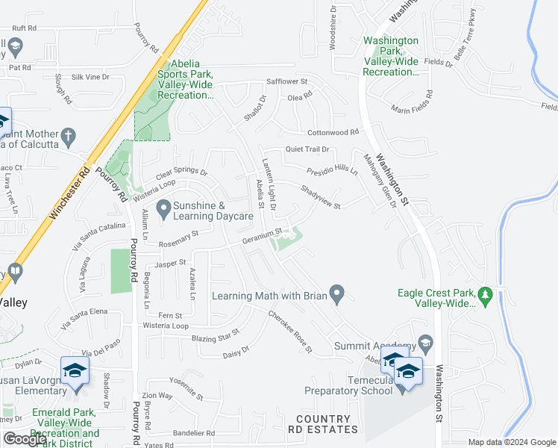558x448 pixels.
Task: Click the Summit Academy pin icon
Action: (426, 344)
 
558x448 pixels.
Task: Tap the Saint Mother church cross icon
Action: (68, 136)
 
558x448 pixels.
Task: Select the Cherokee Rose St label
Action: (289, 332)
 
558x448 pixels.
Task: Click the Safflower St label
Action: (287, 81)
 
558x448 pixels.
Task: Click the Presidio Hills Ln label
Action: (332, 169)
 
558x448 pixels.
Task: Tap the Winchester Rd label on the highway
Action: (69, 192)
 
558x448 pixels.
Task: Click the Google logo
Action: (25, 440)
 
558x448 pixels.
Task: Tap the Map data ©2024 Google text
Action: (511, 442)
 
